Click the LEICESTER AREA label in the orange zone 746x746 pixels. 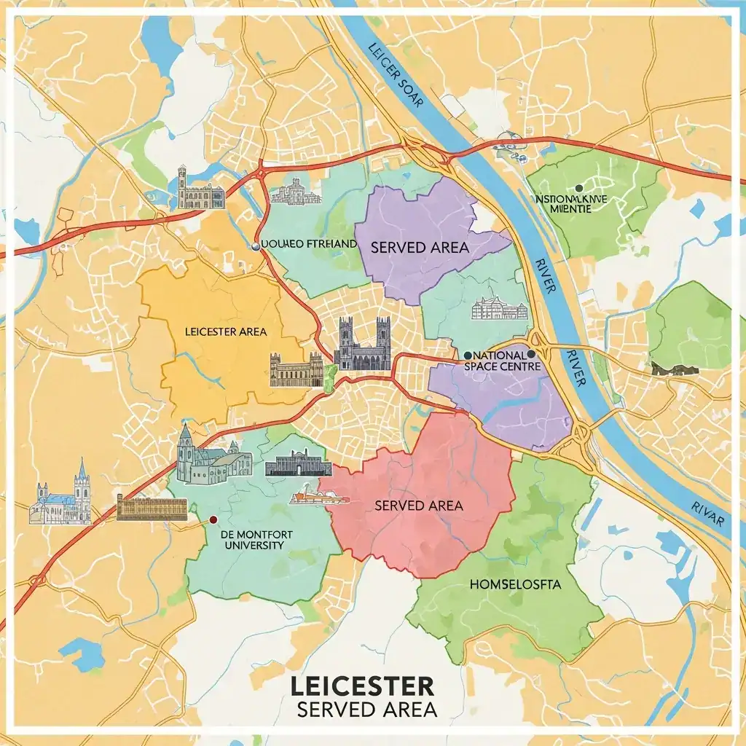click(x=226, y=331)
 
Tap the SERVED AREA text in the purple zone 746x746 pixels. click(x=419, y=248)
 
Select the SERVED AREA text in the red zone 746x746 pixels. click(x=418, y=505)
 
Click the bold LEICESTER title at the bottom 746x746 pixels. click(x=362, y=686)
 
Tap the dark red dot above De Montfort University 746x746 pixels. click(x=213, y=520)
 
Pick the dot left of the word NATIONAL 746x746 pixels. click(x=467, y=356)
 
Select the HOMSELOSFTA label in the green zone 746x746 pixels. click(x=511, y=584)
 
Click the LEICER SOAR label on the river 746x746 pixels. click(x=395, y=76)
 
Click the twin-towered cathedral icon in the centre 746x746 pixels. click(x=362, y=344)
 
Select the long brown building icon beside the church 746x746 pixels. click(x=152, y=508)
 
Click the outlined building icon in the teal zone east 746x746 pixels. click(x=499, y=309)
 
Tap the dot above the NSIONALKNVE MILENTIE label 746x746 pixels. click(x=578, y=188)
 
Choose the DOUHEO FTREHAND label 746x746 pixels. click(x=309, y=243)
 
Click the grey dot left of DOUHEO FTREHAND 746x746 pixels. click(x=255, y=246)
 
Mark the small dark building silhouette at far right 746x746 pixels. click(x=675, y=369)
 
